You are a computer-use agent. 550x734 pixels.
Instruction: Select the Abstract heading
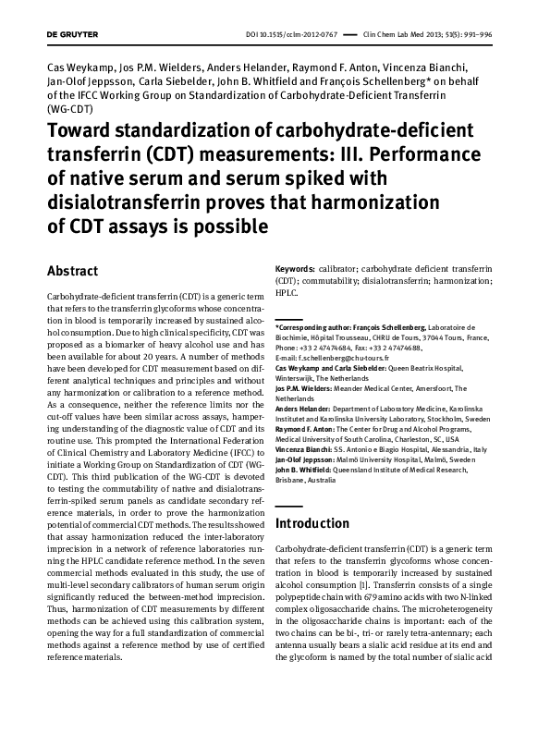click(72, 272)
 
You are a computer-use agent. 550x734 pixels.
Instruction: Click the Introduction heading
click(312, 524)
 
